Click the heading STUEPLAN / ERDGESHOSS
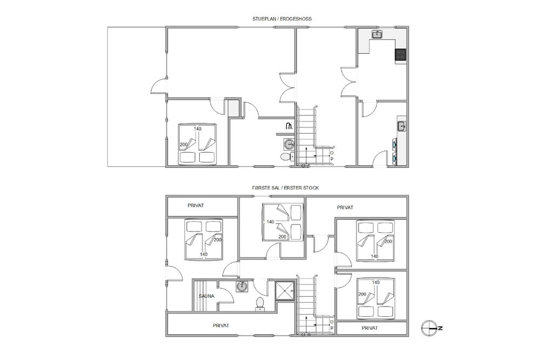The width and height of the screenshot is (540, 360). click(x=282, y=19)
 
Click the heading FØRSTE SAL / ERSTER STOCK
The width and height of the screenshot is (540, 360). click(x=285, y=188)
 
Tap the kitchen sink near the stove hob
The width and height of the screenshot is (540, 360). click(x=377, y=34)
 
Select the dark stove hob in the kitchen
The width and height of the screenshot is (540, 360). click(x=401, y=55)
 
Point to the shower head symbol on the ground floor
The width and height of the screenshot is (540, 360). click(x=289, y=126)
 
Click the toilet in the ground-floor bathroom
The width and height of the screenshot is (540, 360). click(x=287, y=157)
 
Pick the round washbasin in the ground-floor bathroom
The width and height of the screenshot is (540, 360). click(x=288, y=144)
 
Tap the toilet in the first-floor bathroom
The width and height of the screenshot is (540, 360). click(x=260, y=303)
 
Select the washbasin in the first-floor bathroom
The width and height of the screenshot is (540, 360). click(x=242, y=287)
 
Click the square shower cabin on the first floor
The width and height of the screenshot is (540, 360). click(x=285, y=291)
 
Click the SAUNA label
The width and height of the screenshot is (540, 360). click(x=206, y=296)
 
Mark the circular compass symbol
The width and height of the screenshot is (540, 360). click(x=429, y=328)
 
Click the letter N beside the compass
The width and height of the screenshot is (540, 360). click(x=441, y=328)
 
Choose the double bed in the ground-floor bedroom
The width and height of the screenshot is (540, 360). click(x=198, y=144)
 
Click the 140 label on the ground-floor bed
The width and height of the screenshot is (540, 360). click(x=197, y=128)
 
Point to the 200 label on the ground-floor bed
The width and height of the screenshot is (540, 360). click(x=184, y=145)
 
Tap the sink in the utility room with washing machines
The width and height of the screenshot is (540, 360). click(x=402, y=126)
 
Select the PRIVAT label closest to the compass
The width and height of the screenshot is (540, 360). click(x=370, y=328)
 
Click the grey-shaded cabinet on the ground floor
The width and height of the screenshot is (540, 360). click(x=233, y=108)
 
